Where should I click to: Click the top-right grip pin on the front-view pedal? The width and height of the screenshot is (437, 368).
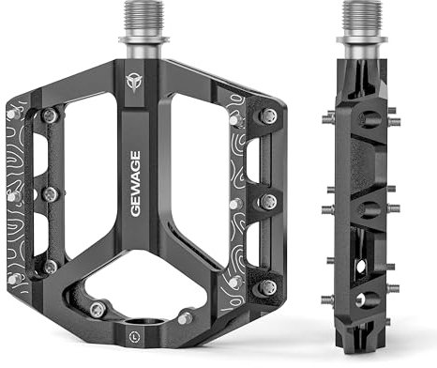[269, 116]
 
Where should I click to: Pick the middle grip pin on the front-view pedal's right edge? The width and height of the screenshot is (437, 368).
[268, 202]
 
